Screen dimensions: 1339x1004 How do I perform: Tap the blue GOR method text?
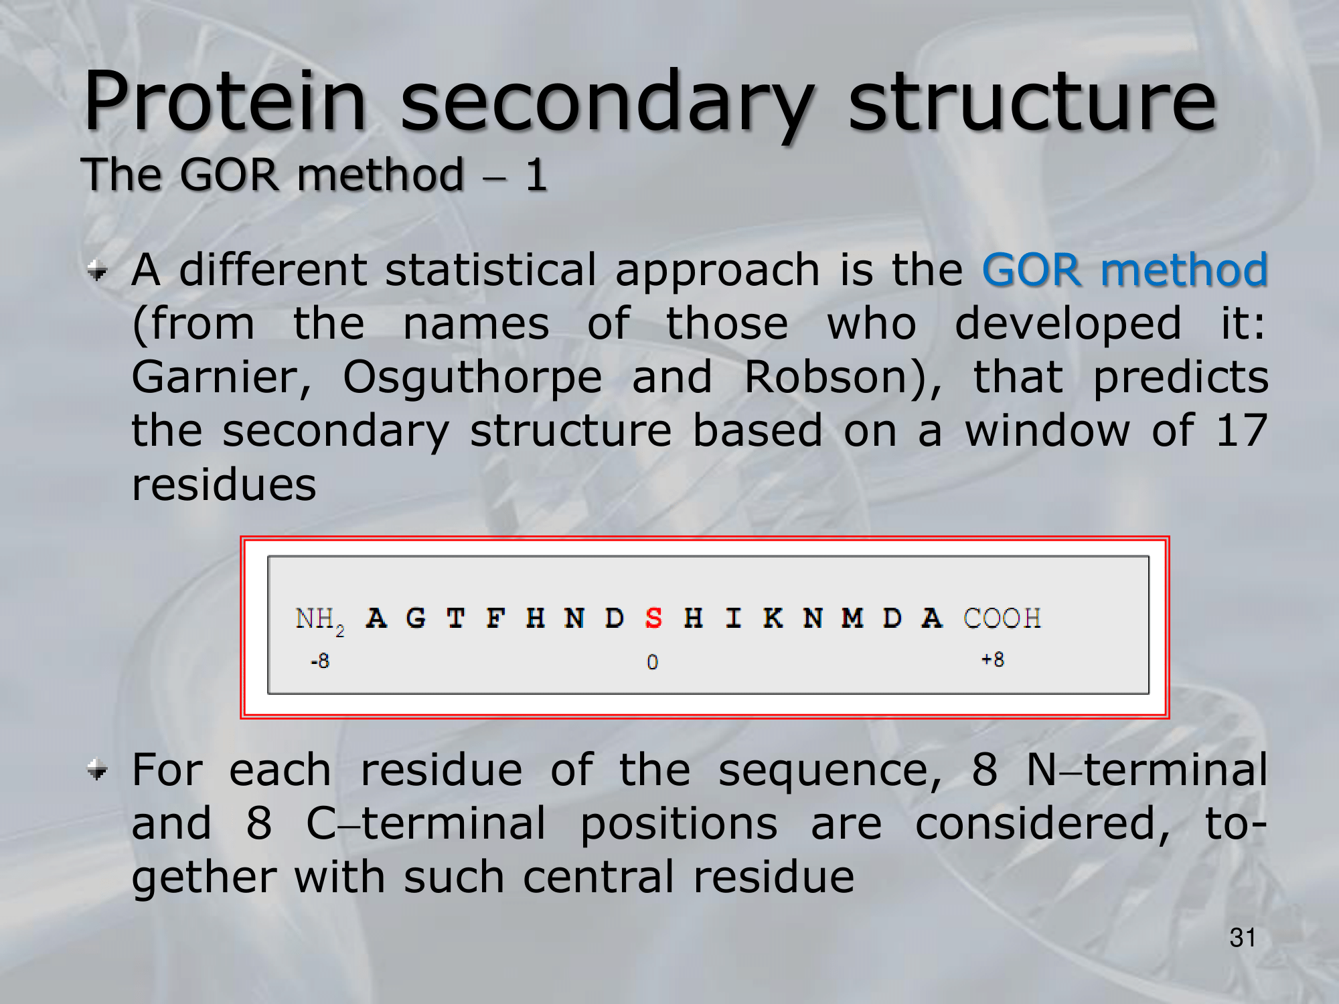[x=1125, y=269]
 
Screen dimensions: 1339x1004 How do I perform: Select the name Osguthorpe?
[x=472, y=379]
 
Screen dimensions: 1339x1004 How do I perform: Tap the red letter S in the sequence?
[x=653, y=618]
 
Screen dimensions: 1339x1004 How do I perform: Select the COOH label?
[x=1002, y=618]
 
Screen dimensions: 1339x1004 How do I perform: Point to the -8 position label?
[x=320, y=661]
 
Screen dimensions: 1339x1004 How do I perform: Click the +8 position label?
[x=993, y=659]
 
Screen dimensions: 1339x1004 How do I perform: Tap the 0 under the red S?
[x=652, y=662]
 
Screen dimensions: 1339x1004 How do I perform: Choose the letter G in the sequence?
[x=416, y=618]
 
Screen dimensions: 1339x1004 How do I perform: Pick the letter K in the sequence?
[x=773, y=618]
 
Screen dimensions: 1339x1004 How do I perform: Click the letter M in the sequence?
[x=852, y=618]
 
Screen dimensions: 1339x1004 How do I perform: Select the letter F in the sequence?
[x=495, y=618]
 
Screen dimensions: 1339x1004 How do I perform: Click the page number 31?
[x=1242, y=938]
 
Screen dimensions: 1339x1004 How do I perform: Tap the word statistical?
[x=490, y=270]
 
